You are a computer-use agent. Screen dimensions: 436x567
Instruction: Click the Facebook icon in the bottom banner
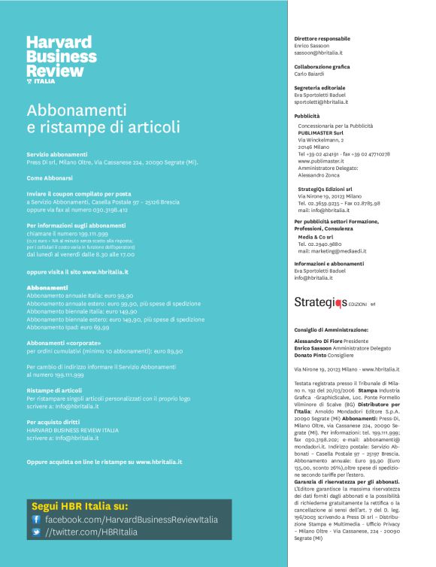pyautogui.click(x=35, y=519)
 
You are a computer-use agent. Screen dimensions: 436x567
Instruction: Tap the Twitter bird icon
pyautogui.click(x=35, y=532)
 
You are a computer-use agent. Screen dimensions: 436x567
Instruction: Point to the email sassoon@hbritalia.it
pyautogui.click(x=318, y=53)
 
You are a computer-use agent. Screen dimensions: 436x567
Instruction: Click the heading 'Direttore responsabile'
pyautogui.click(x=322, y=38)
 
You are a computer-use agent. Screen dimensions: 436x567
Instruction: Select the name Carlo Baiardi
pyautogui.click(x=310, y=74)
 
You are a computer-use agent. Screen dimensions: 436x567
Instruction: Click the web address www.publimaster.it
pyautogui.click(x=320, y=161)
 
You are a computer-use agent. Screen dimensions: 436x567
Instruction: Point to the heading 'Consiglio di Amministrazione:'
pyautogui.click(x=331, y=329)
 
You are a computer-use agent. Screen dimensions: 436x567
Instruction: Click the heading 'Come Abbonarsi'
pyautogui.click(x=50, y=178)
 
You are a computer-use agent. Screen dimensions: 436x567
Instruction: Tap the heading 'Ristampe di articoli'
pyautogui.click(x=54, y=390)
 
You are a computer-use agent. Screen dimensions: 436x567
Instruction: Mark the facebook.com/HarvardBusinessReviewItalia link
pyautogui.click(x=132, y=519)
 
